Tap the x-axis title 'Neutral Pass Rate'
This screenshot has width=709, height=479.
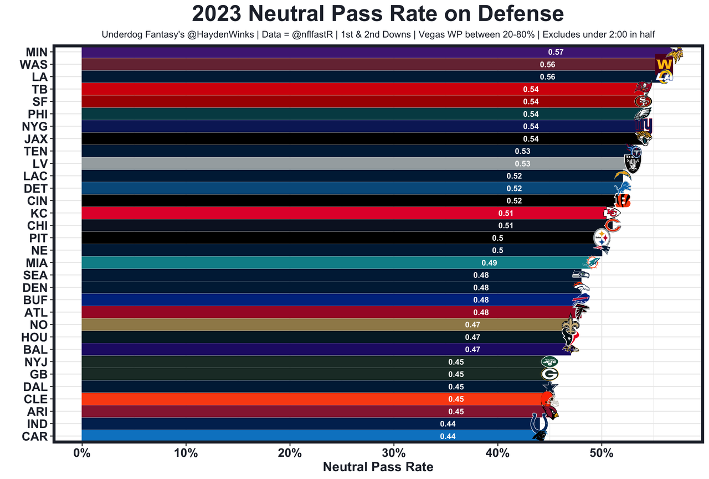[378, 466]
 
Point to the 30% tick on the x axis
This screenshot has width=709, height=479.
[394, 452]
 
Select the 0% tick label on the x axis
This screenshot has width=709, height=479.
[82, 452]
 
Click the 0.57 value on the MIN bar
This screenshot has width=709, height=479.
[556, 52]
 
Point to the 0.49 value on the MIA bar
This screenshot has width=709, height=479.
[489, 262]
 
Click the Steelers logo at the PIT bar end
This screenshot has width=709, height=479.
[602, 238]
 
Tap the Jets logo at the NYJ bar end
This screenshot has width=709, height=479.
[549, 362]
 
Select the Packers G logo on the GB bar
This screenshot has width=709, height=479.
[549, 374]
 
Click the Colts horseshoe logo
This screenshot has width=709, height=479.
[538, 424]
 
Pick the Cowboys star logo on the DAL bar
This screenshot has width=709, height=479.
[551, 387]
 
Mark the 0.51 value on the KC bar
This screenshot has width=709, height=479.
[506, 213]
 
